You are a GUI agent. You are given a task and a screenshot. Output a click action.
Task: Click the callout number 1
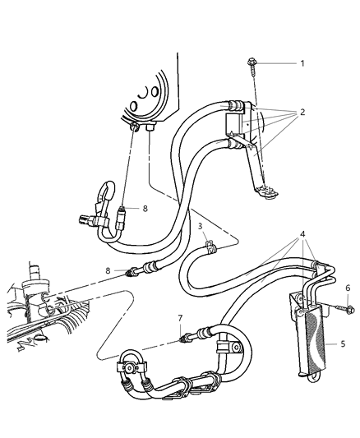[302, 63]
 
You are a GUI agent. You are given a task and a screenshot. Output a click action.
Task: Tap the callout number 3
[200, 226]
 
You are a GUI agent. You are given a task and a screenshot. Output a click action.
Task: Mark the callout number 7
[179, 317]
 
